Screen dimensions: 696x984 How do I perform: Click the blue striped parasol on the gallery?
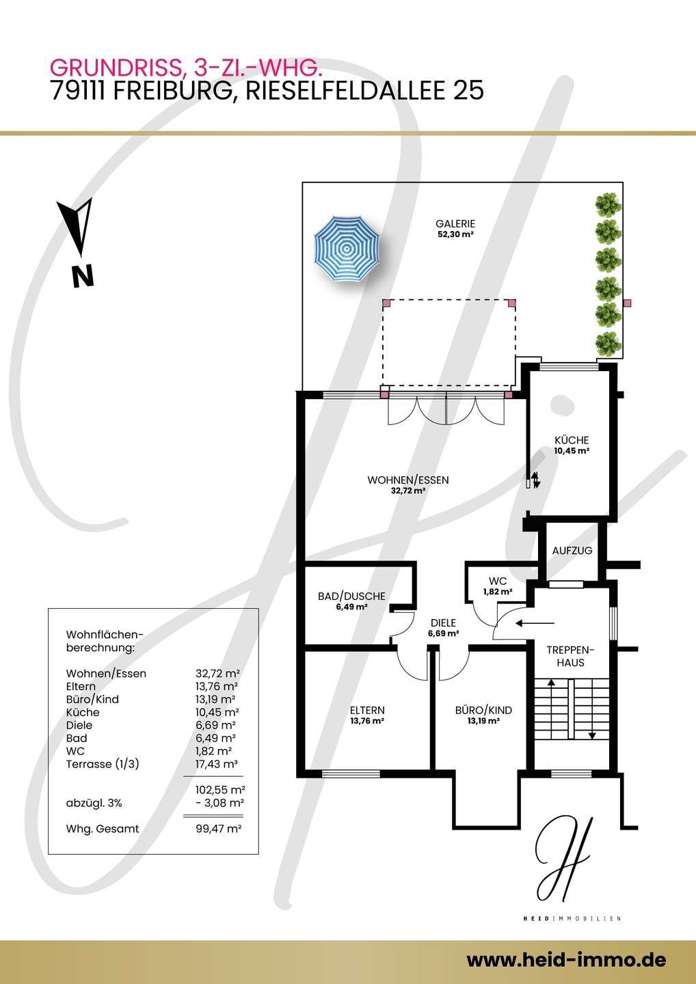(347, 249)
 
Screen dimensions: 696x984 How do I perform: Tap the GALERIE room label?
(455, 224)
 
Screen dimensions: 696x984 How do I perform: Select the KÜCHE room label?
(571, 440)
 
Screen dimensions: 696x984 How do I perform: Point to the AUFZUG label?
(572, 551)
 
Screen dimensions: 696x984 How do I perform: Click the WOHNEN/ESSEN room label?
(408, 480)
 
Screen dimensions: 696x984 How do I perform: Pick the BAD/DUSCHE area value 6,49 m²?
(351, 607)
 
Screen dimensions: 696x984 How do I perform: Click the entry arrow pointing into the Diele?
(535, 623)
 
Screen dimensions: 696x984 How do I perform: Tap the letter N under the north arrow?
(83, 276)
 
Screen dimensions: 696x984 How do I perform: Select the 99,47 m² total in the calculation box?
(218, 829)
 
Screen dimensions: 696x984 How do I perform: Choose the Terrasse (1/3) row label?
(103, 764)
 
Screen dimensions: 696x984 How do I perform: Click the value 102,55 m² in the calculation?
(220, 790)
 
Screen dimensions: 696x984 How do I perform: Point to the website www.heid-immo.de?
(566, 948)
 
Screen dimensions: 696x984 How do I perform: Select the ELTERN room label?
(367, 711)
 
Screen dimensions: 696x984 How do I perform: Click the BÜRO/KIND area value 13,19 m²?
(483, 721)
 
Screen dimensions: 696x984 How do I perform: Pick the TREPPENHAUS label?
(570, 656)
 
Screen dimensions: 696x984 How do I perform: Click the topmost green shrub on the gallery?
(608, 206)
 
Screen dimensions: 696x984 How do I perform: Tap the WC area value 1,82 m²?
(498, 592)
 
